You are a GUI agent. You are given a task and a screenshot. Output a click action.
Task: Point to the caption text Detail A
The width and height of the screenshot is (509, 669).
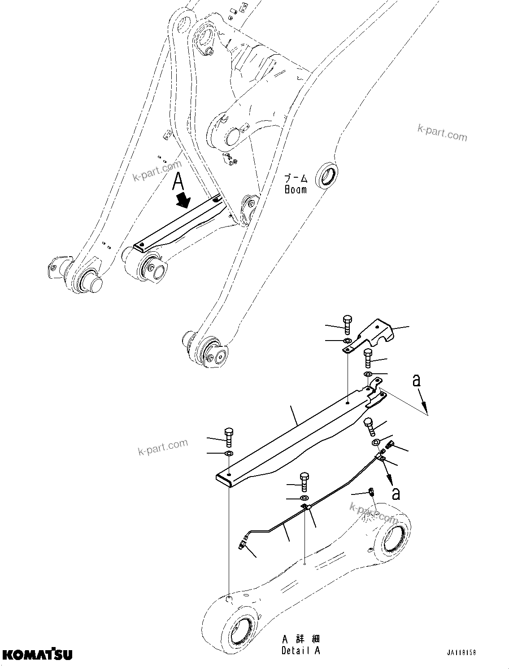(301, 651)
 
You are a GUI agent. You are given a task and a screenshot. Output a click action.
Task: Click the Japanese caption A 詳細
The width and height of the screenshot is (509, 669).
(301, 639)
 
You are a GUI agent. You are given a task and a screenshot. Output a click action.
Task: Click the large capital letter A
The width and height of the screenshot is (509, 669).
(178, 182)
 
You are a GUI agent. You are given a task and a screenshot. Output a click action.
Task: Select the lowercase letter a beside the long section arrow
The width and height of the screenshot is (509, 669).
(417, 380)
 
